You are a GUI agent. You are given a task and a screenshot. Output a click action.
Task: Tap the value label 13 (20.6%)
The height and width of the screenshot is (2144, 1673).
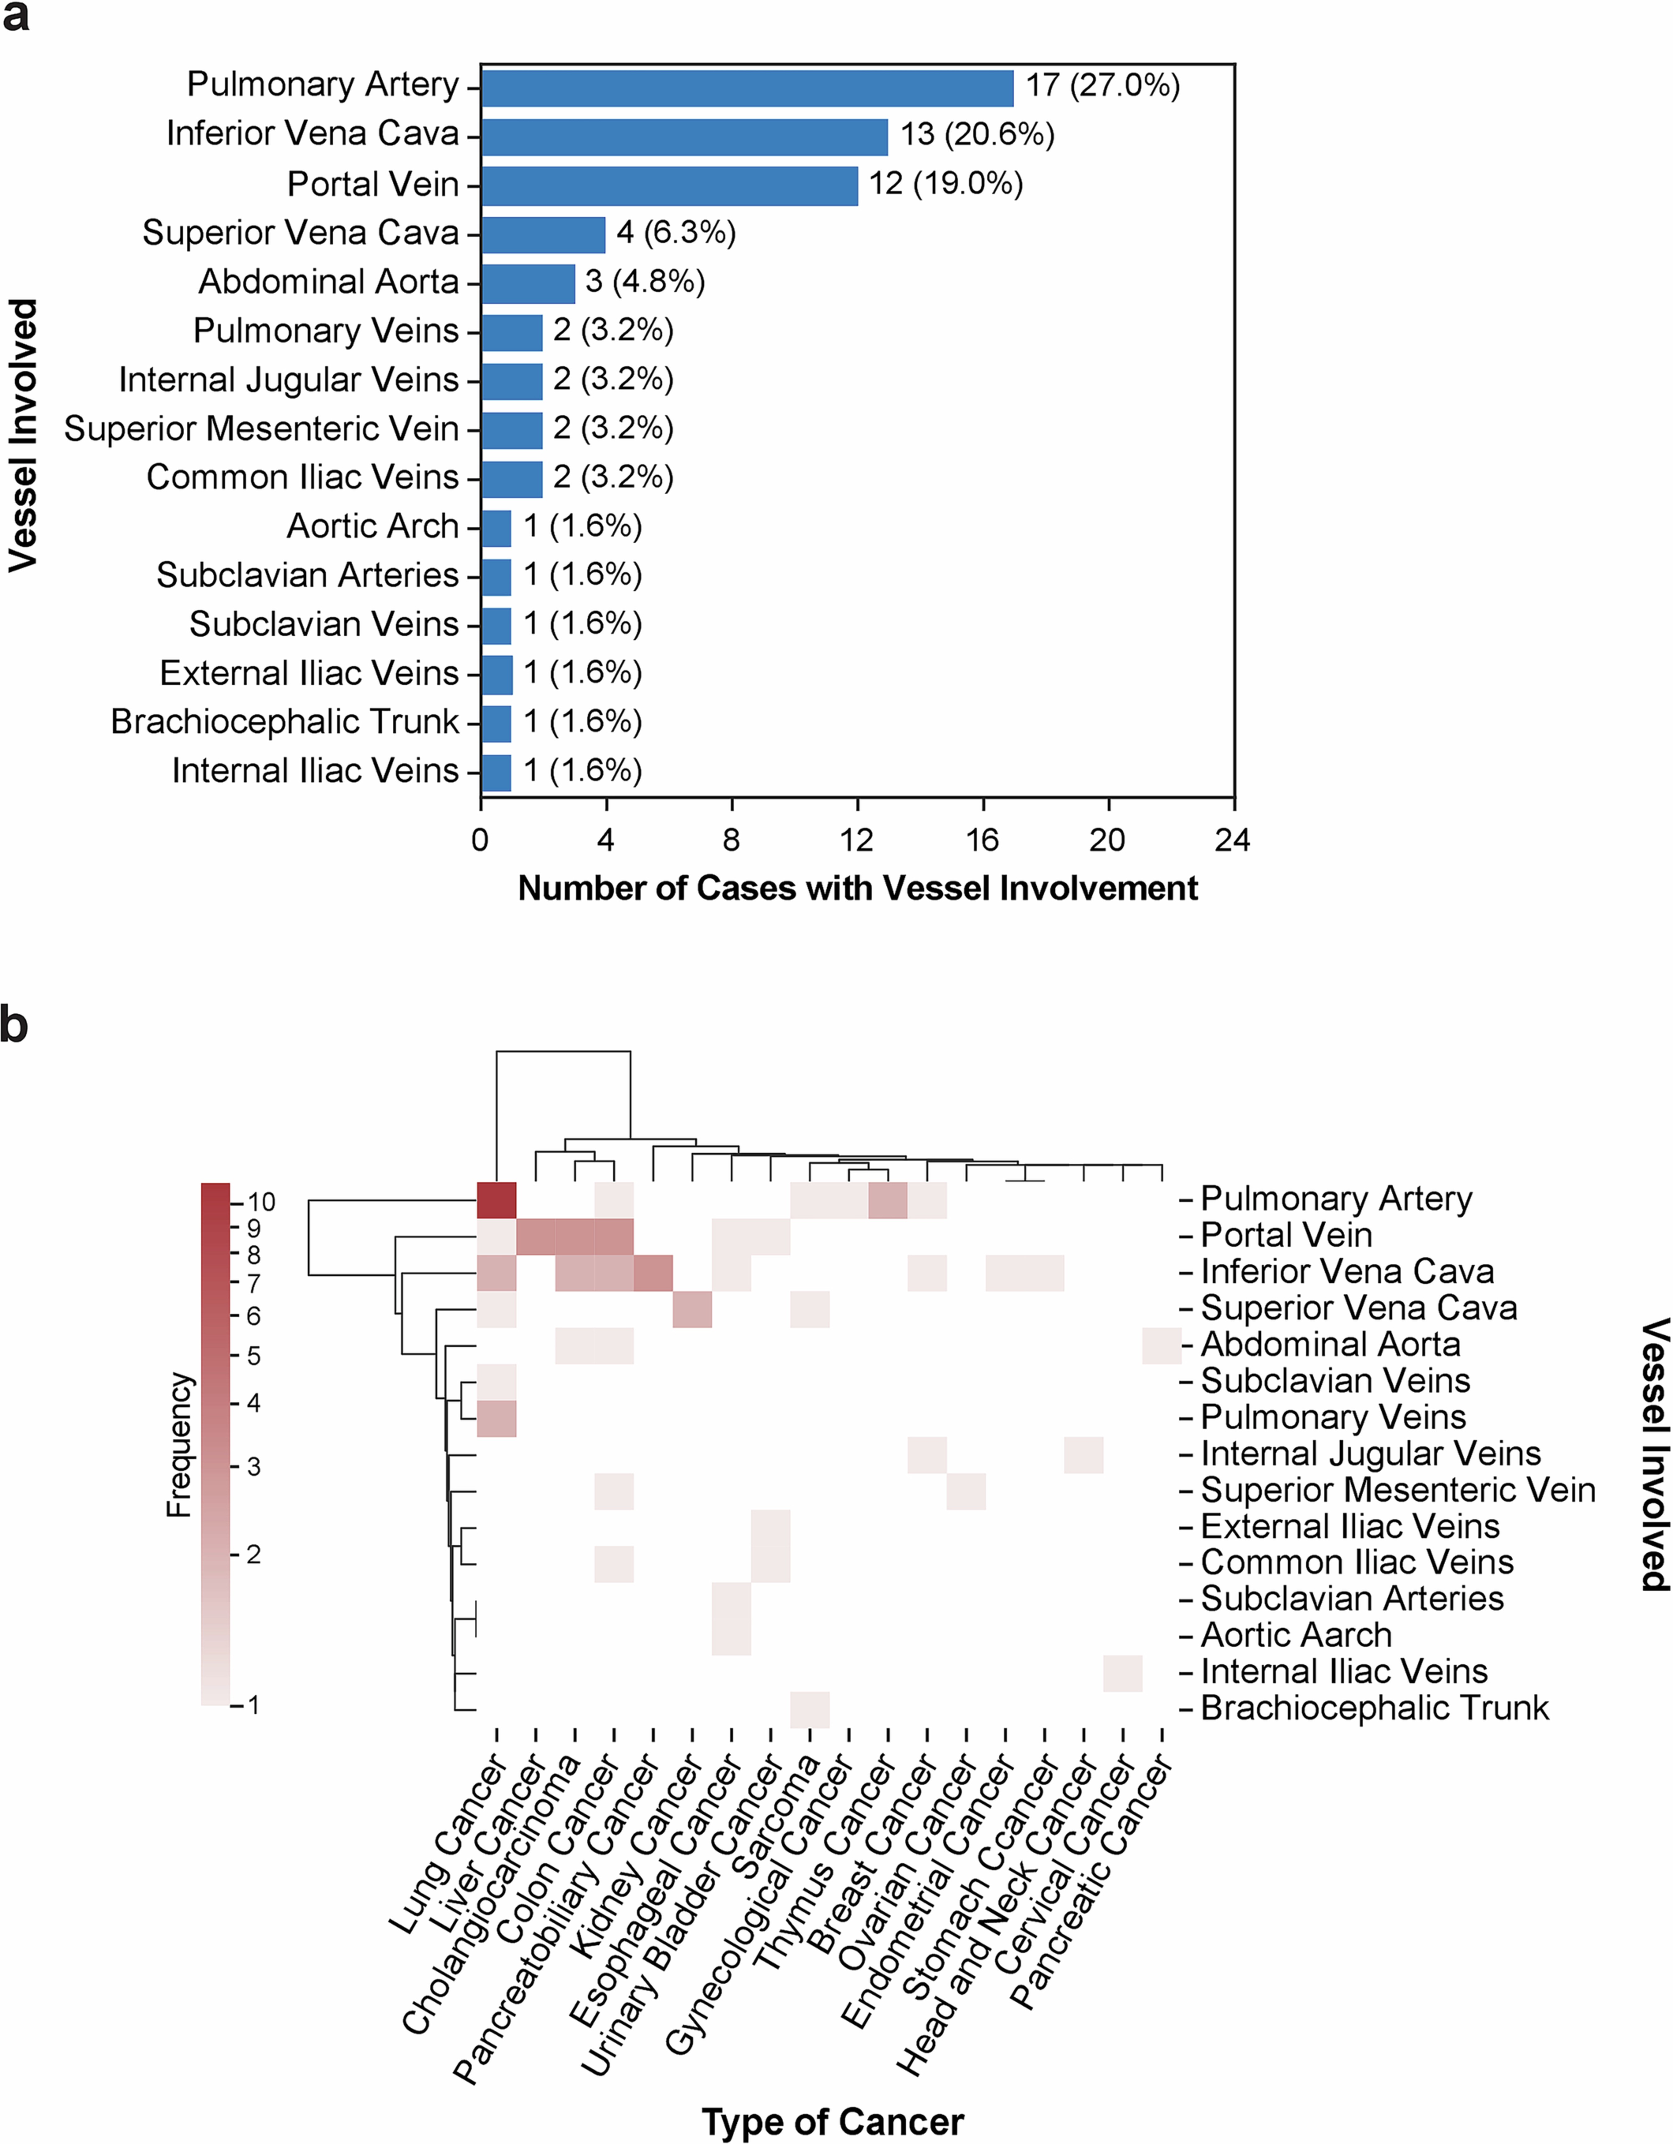(977, 135)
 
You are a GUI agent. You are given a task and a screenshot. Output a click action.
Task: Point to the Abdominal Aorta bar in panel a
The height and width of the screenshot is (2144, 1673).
(528, 283)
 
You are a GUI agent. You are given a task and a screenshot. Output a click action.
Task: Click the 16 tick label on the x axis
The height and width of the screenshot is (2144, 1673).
(982, 840)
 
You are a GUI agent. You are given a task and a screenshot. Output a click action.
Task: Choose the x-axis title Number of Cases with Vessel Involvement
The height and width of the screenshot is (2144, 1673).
(857, 889)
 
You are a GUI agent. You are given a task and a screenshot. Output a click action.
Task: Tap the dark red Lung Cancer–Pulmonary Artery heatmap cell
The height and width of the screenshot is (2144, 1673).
(496, 1200)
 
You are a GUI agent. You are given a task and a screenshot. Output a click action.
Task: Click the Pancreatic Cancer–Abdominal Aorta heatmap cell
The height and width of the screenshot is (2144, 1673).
(1162, 1345)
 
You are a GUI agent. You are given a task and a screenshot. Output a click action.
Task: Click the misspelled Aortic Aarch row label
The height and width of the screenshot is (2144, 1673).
(1296, 1635)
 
